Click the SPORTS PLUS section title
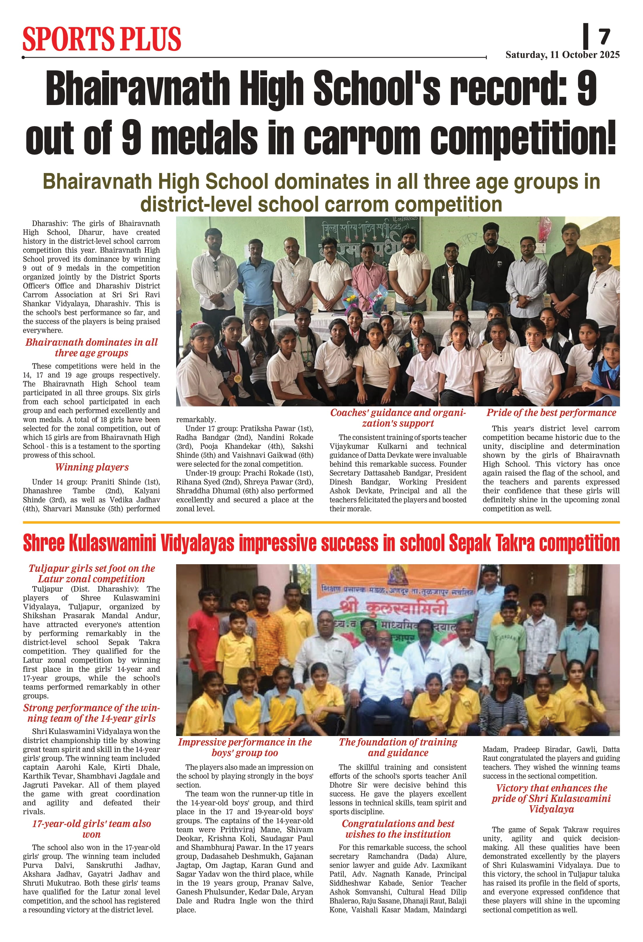(102, 39)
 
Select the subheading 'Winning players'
(92, 467)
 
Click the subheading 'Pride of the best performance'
(551, 413)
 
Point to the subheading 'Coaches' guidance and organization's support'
(398, 418)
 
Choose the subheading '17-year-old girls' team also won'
(92, 829)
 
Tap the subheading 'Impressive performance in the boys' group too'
(245, 747)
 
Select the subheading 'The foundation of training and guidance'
(398, 747)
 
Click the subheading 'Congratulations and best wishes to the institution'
(398, 829)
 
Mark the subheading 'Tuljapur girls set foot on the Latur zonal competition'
(92, 574)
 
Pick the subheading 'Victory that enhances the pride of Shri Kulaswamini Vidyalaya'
(551, 798)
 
